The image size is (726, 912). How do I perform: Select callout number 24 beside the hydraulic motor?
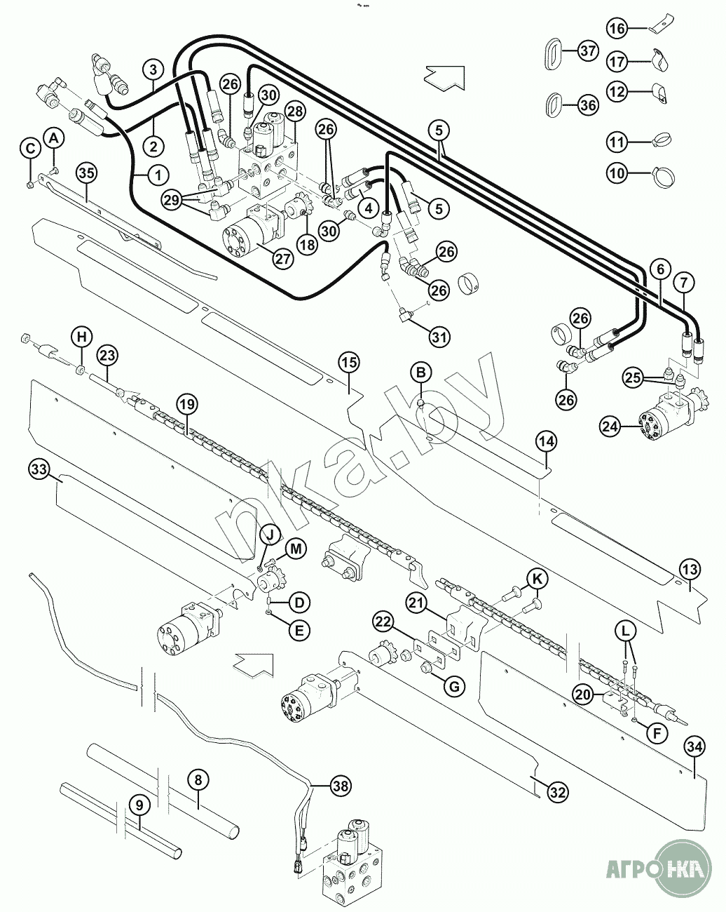[610, 424]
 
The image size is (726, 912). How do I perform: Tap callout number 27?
[282, 258]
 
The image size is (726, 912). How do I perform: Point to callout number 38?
[340, 786]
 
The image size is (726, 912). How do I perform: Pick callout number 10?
[617, 173]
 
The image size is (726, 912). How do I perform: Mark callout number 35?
[85, 173]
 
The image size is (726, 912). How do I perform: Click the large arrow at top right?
[445, 76]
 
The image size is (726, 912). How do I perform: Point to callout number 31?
[439, 337]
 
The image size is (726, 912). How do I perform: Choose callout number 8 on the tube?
[198, 779]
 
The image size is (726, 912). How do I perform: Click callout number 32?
[557, 793]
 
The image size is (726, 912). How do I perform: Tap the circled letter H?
[82, 337]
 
